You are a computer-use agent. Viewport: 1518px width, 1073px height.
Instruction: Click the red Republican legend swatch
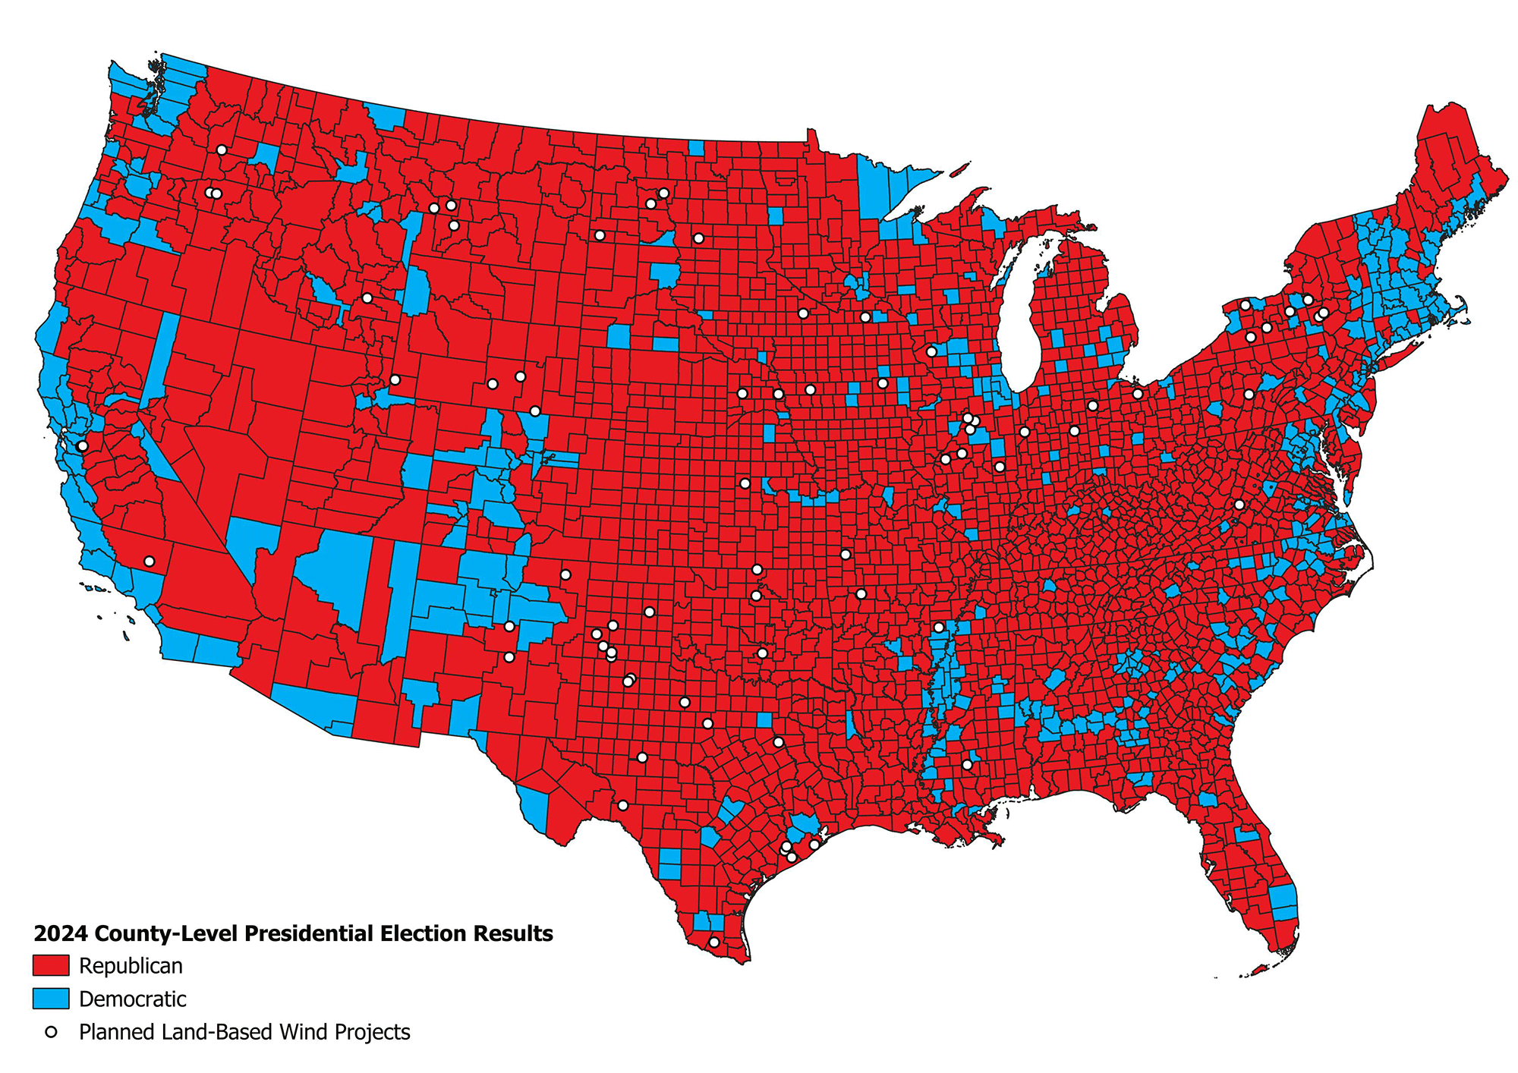coord(51,966)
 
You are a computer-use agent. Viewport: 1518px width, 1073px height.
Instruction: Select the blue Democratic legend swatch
coord(51,999)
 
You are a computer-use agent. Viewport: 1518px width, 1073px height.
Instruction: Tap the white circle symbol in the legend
coord(51,1032)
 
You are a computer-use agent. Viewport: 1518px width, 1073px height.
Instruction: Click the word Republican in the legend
coord(131,966)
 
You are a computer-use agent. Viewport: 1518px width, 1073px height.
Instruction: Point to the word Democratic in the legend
coord(132,999)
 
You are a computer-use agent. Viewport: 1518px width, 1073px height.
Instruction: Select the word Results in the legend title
coord(513,933)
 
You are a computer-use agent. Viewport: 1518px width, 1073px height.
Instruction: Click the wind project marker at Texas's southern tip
coord(713,942)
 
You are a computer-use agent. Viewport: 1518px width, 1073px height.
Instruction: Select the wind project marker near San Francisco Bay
coord(82,445)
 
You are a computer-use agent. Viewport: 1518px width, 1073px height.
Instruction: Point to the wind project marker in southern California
coord(149,562)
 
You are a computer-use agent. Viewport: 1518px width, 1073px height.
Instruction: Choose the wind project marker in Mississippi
coord(967,765)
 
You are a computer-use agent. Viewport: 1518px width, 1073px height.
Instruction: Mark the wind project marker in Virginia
coord(1239,505)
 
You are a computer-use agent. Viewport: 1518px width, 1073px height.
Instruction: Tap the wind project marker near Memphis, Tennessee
coord(939,628)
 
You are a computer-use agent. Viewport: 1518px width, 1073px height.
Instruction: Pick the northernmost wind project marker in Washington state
coord(222,150)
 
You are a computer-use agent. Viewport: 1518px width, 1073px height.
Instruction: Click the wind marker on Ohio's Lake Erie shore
coord(1137,394)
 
